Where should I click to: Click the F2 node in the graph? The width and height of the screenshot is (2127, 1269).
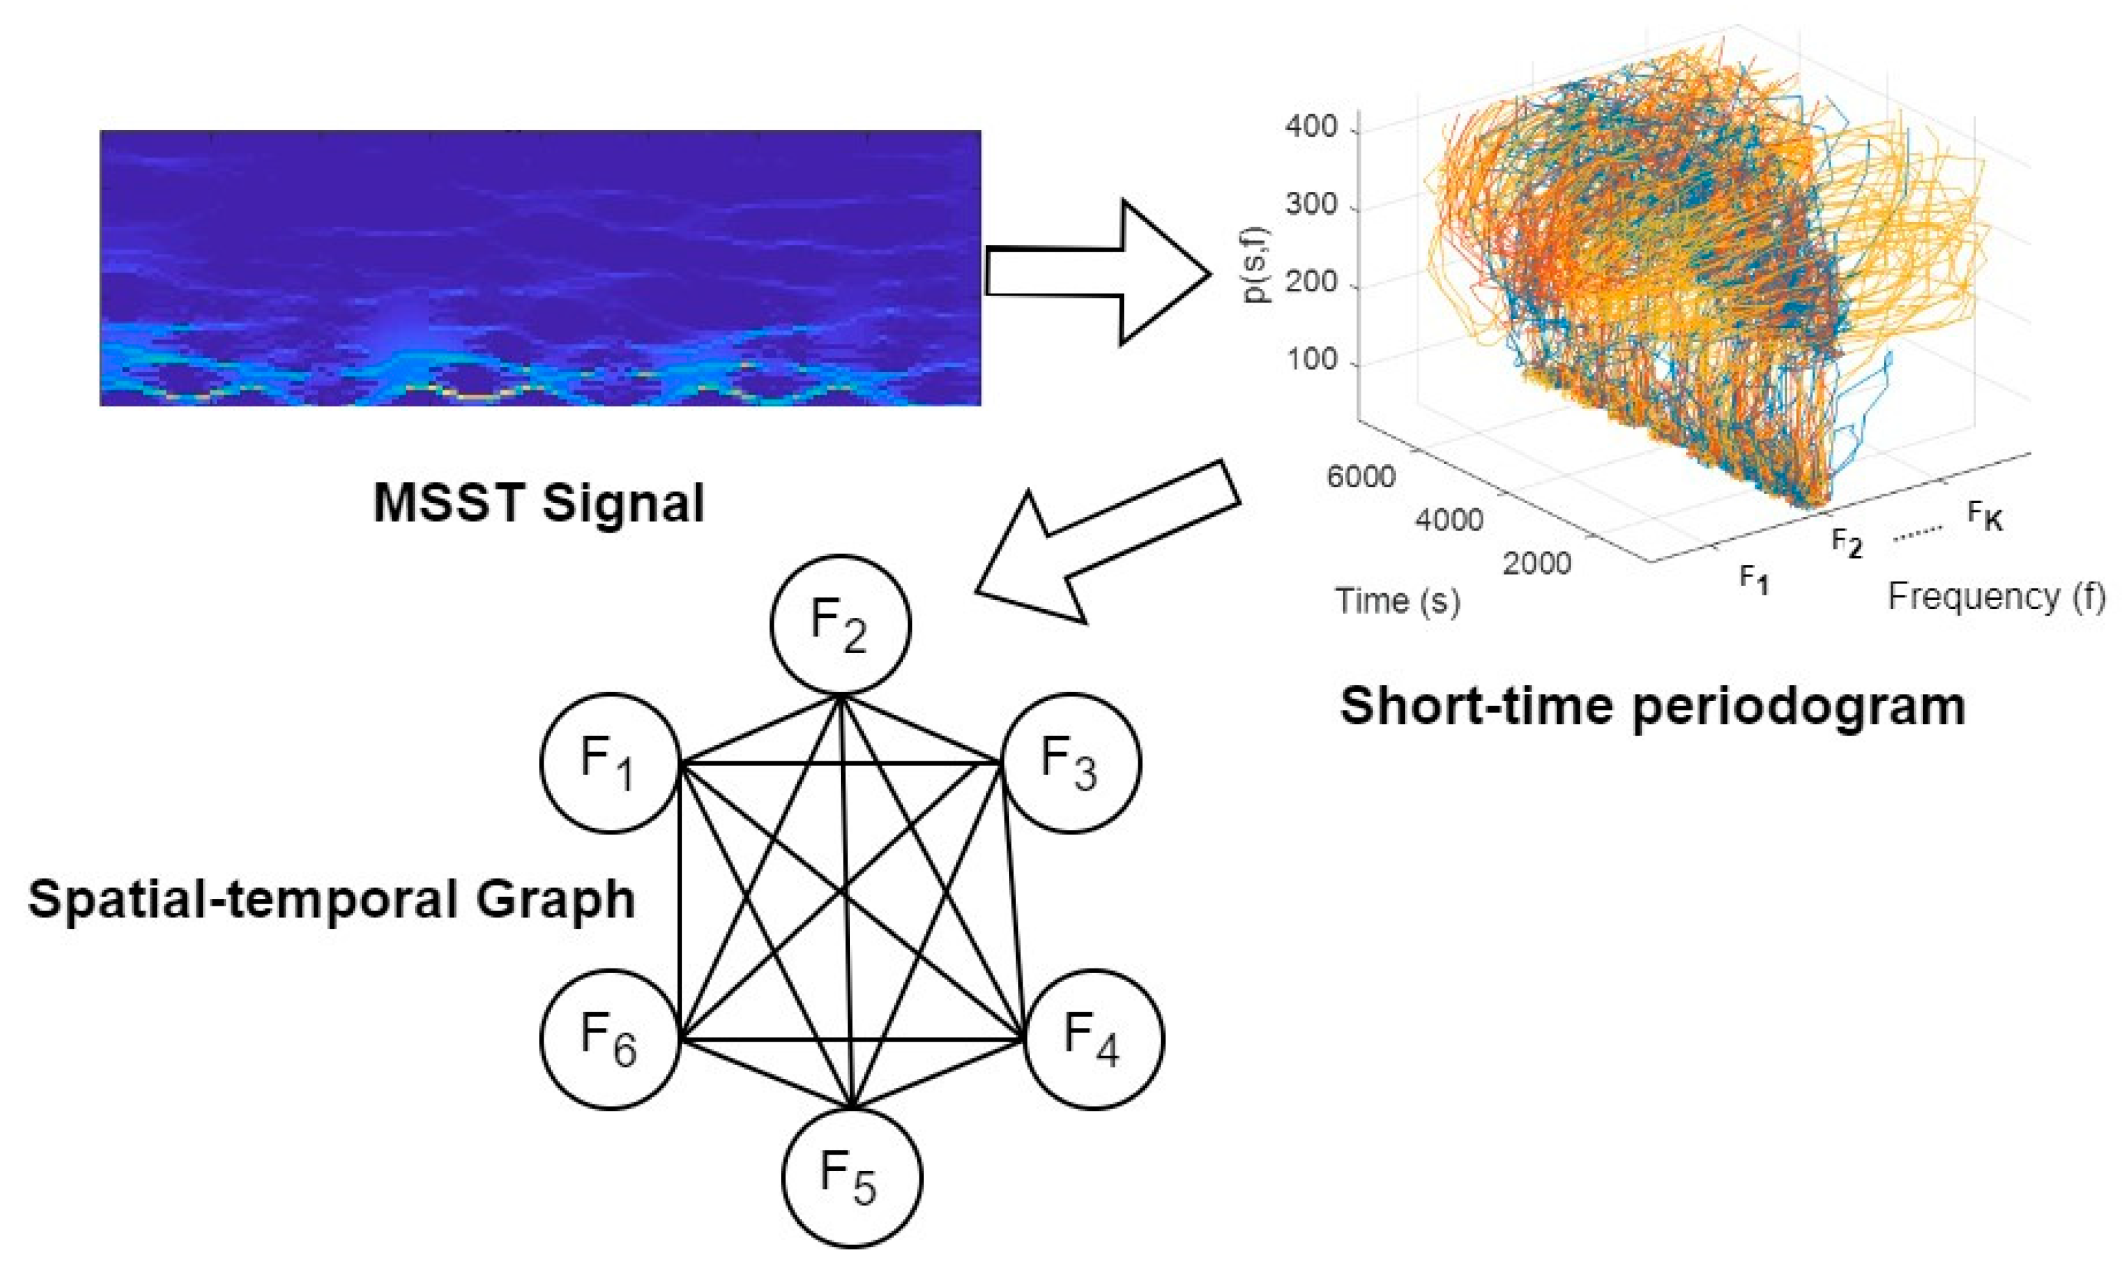840,624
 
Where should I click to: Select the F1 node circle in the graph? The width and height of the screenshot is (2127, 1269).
610,762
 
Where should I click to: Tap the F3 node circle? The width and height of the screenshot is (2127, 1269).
1070,762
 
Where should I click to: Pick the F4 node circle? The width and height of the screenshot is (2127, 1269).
1093,1038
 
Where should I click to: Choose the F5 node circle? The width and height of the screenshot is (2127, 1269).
851,1177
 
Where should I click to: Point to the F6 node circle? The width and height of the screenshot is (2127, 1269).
610,1038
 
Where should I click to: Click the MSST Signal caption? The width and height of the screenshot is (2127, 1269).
538,503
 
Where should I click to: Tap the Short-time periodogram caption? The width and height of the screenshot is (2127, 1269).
1653,706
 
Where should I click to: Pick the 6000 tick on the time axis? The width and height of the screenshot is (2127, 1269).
1360,476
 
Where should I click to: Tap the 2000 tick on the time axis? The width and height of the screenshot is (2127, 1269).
1536,563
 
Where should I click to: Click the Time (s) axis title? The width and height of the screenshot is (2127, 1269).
1398,601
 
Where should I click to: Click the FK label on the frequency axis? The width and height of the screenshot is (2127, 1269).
1985,516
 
